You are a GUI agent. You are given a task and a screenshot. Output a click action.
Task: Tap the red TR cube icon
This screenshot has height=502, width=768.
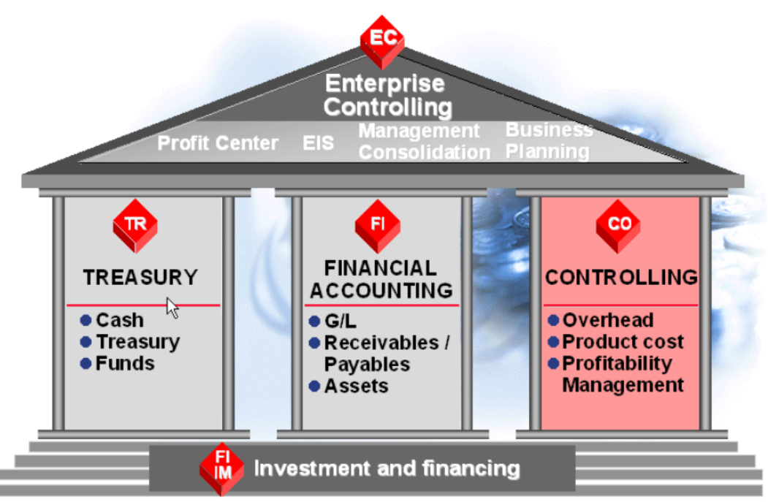(x=135, y=225)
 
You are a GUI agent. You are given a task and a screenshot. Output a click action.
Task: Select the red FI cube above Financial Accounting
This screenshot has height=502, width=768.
(x=377, y=226)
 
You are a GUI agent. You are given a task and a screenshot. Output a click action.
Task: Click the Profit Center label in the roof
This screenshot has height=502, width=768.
(x=218, y=142)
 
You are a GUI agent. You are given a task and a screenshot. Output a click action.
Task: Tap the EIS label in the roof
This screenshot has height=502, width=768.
(x=318, y=142)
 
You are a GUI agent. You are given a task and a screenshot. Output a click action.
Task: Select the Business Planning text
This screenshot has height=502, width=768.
(x=549, y=140)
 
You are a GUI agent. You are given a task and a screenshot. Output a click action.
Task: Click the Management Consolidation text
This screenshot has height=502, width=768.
(x=423, y=141)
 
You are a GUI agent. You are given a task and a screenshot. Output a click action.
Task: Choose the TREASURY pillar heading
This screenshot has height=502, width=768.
(x=140, y=278)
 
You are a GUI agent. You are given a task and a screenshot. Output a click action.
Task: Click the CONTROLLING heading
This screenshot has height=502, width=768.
(x=621, y=278)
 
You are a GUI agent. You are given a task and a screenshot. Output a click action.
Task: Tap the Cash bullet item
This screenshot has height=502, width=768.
(x=119, y=320)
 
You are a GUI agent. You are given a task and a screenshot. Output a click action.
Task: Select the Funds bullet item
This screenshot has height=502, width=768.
(x=124, y=363)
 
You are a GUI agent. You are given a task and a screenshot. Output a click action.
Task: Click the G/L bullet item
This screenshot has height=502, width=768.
(x=340, y=321)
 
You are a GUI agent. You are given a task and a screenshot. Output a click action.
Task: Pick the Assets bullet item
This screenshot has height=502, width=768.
(x=357, y=386)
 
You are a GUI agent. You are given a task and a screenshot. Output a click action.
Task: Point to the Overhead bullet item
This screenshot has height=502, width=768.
(x=607, y=320)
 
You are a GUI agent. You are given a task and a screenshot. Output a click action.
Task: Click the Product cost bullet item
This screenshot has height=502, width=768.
(x=623, y=342)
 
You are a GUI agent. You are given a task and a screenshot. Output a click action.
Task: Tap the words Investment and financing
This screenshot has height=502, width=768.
(x=387, y=468)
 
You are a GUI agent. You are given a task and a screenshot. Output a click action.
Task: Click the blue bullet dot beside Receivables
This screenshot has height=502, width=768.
(x=315, y=343)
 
